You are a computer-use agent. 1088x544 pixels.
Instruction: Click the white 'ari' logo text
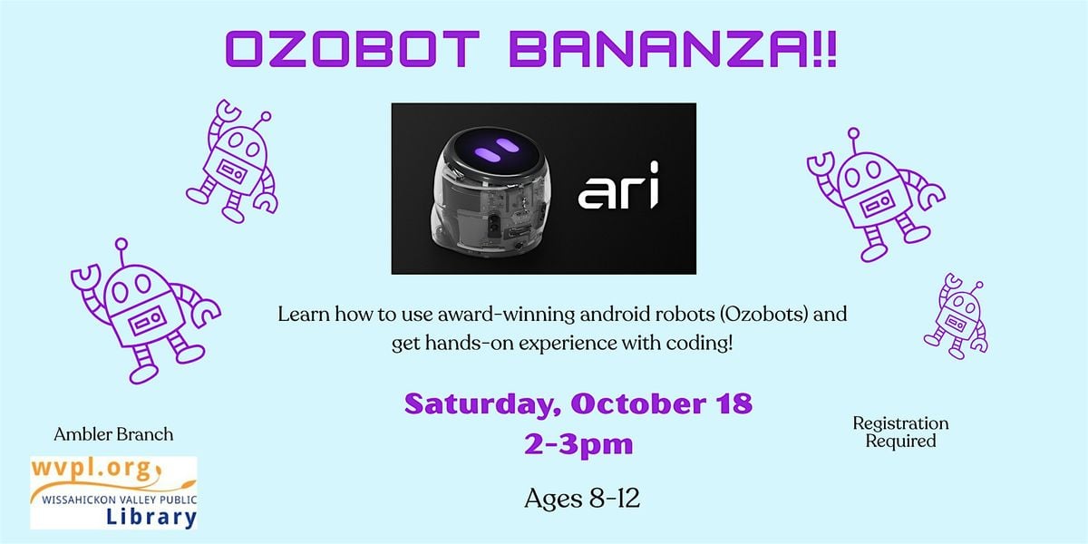[618, 186]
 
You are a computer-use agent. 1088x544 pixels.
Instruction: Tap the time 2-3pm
[578, 444]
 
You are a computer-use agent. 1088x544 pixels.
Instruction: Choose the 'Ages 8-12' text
[582, 499]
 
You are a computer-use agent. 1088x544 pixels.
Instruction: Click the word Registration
[900, 423]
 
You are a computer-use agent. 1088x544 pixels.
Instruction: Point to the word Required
[900, 441]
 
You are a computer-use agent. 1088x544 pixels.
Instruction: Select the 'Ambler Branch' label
[113, 434]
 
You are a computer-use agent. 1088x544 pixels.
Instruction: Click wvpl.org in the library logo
[92, 470]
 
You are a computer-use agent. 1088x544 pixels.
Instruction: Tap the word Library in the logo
[151, 517]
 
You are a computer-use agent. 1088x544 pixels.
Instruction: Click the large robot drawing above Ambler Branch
[144, 312]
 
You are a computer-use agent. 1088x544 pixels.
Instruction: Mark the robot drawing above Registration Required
[874, 195]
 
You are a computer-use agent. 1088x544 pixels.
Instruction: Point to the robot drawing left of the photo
[232, 161]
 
